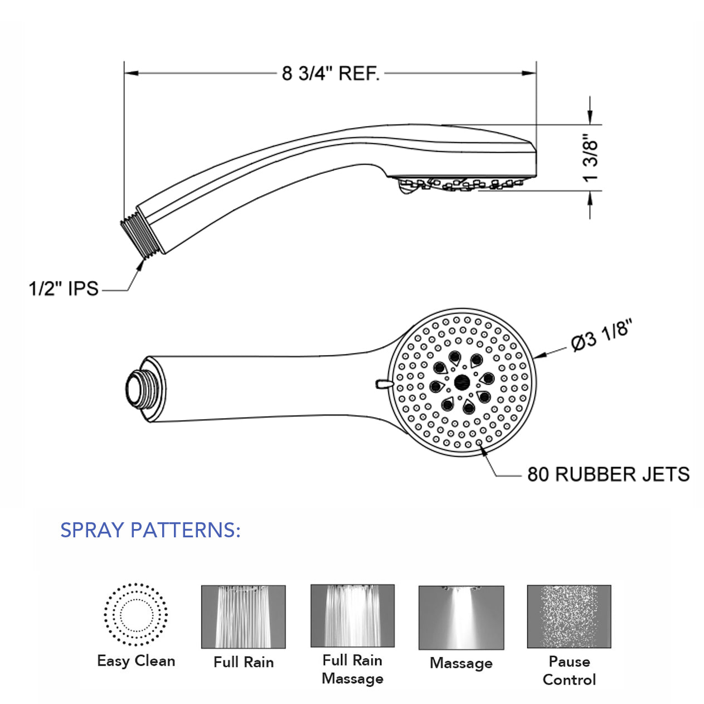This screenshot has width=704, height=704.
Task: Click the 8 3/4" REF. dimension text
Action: point(331,73)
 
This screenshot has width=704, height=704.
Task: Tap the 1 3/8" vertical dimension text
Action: point(590,158)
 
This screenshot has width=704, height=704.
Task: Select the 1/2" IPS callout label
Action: point(64,289)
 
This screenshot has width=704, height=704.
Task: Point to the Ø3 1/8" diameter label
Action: point(601,336)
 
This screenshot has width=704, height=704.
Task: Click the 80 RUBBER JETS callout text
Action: point(608,474)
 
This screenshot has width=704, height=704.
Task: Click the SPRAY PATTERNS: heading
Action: point(150,530)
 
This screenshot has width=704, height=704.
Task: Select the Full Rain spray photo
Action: point(243,616)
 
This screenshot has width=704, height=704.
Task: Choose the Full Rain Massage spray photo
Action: point(352,615)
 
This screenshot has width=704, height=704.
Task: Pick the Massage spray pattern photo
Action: point(461,618)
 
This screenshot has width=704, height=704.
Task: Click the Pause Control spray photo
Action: point(569,616)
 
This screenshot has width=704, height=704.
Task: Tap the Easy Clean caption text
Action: point(136,661)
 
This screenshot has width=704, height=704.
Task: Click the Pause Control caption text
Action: point(569,671)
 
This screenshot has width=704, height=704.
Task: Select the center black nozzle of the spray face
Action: point(461,382)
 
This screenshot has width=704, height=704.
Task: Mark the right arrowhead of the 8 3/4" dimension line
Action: point(529,73)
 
